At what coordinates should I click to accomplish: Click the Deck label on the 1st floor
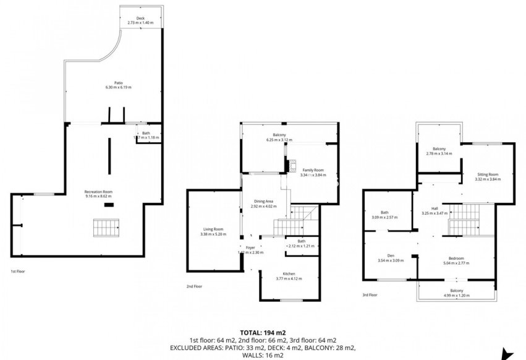tap(140, 19)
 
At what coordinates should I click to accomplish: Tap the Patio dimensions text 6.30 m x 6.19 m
tap(118, 88)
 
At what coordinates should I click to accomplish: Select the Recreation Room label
tap(98, 192)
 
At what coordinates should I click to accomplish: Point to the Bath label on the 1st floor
tap(146, 133)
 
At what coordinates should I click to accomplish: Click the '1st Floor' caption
tap(19, 271)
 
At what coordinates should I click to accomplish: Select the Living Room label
tap(213, 229)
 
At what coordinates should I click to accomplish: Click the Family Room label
tap(312, 170)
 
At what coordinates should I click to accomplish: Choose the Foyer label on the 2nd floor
tap(250, 247)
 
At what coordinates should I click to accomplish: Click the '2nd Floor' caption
tap(195, 286)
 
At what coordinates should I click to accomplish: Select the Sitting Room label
tap(487, 175)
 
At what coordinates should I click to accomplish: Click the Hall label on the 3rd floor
tap(435, 208)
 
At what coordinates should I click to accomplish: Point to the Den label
tap(390, 255)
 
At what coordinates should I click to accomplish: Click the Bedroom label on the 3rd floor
tap(456, 259)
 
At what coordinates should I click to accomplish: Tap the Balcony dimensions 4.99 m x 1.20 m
tap(456, 294)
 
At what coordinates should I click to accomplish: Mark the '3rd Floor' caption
tap(370, 295)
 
